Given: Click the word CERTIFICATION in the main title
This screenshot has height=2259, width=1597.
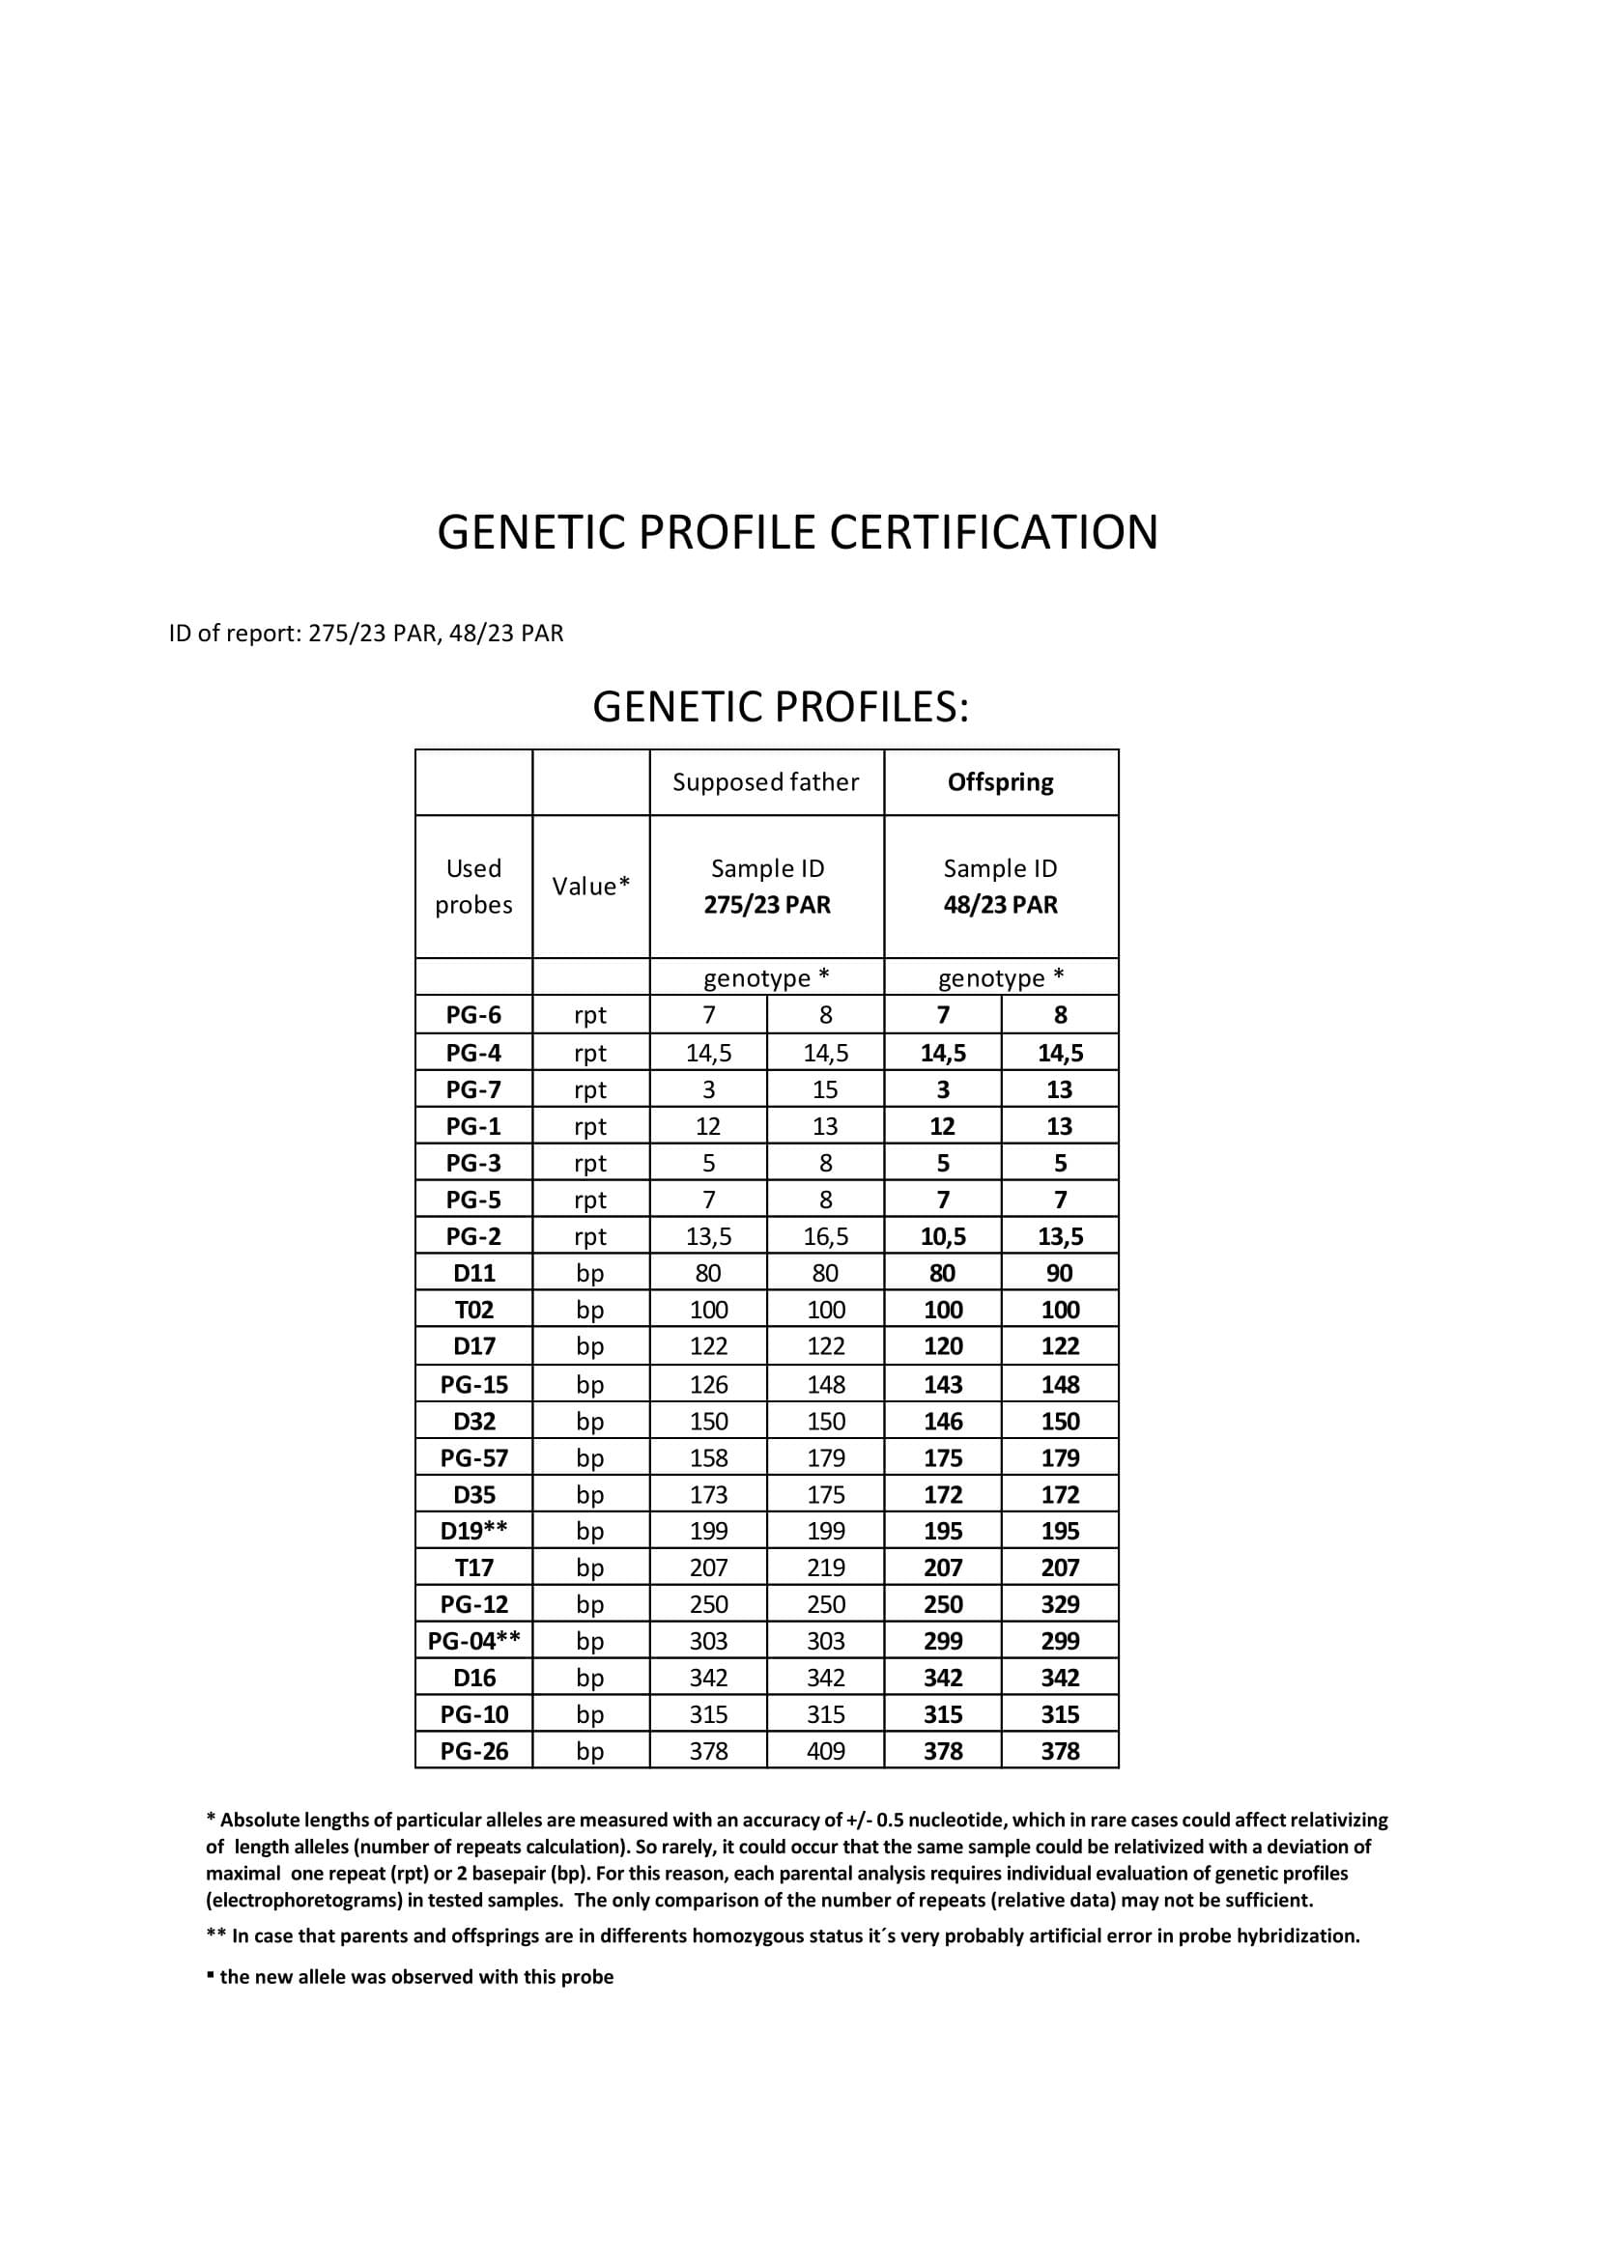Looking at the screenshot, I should point(994,532).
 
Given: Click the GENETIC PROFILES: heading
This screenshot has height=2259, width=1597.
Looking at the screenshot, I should point(781,706).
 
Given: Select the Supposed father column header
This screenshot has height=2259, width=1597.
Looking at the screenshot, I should point(765,782).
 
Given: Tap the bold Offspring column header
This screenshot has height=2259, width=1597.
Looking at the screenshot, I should point(1000,782).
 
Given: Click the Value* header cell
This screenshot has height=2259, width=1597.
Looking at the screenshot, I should point(590,887).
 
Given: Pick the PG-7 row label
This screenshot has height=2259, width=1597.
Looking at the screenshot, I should point(473,1089).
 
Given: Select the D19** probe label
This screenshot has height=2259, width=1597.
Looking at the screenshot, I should point(473,1531).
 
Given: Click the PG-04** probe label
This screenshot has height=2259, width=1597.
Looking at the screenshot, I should point(473,1641).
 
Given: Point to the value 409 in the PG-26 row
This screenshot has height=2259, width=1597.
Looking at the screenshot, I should point(826,1751).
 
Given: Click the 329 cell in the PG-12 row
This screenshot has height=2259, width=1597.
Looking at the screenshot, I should point(1060,1605).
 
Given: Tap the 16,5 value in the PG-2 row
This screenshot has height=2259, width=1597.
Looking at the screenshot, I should point(826,1237).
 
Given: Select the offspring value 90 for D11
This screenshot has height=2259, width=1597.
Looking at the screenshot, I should point(1060,1273).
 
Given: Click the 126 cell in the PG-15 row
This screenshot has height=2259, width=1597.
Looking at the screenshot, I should point(708,1384).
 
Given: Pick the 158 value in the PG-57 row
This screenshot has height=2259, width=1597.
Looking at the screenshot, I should point(708,1458).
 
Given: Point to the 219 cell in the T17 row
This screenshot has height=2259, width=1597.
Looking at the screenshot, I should point(826,1567).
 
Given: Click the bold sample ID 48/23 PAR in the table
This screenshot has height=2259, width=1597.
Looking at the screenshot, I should point(1000,904).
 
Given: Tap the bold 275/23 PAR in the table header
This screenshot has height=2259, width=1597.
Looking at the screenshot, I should point(766,904).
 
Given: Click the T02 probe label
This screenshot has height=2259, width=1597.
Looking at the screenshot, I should point(473,1310).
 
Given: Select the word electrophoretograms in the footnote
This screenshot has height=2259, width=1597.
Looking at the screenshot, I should point(306,1900).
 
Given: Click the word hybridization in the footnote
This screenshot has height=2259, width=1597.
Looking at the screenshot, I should point(1298,1935).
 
